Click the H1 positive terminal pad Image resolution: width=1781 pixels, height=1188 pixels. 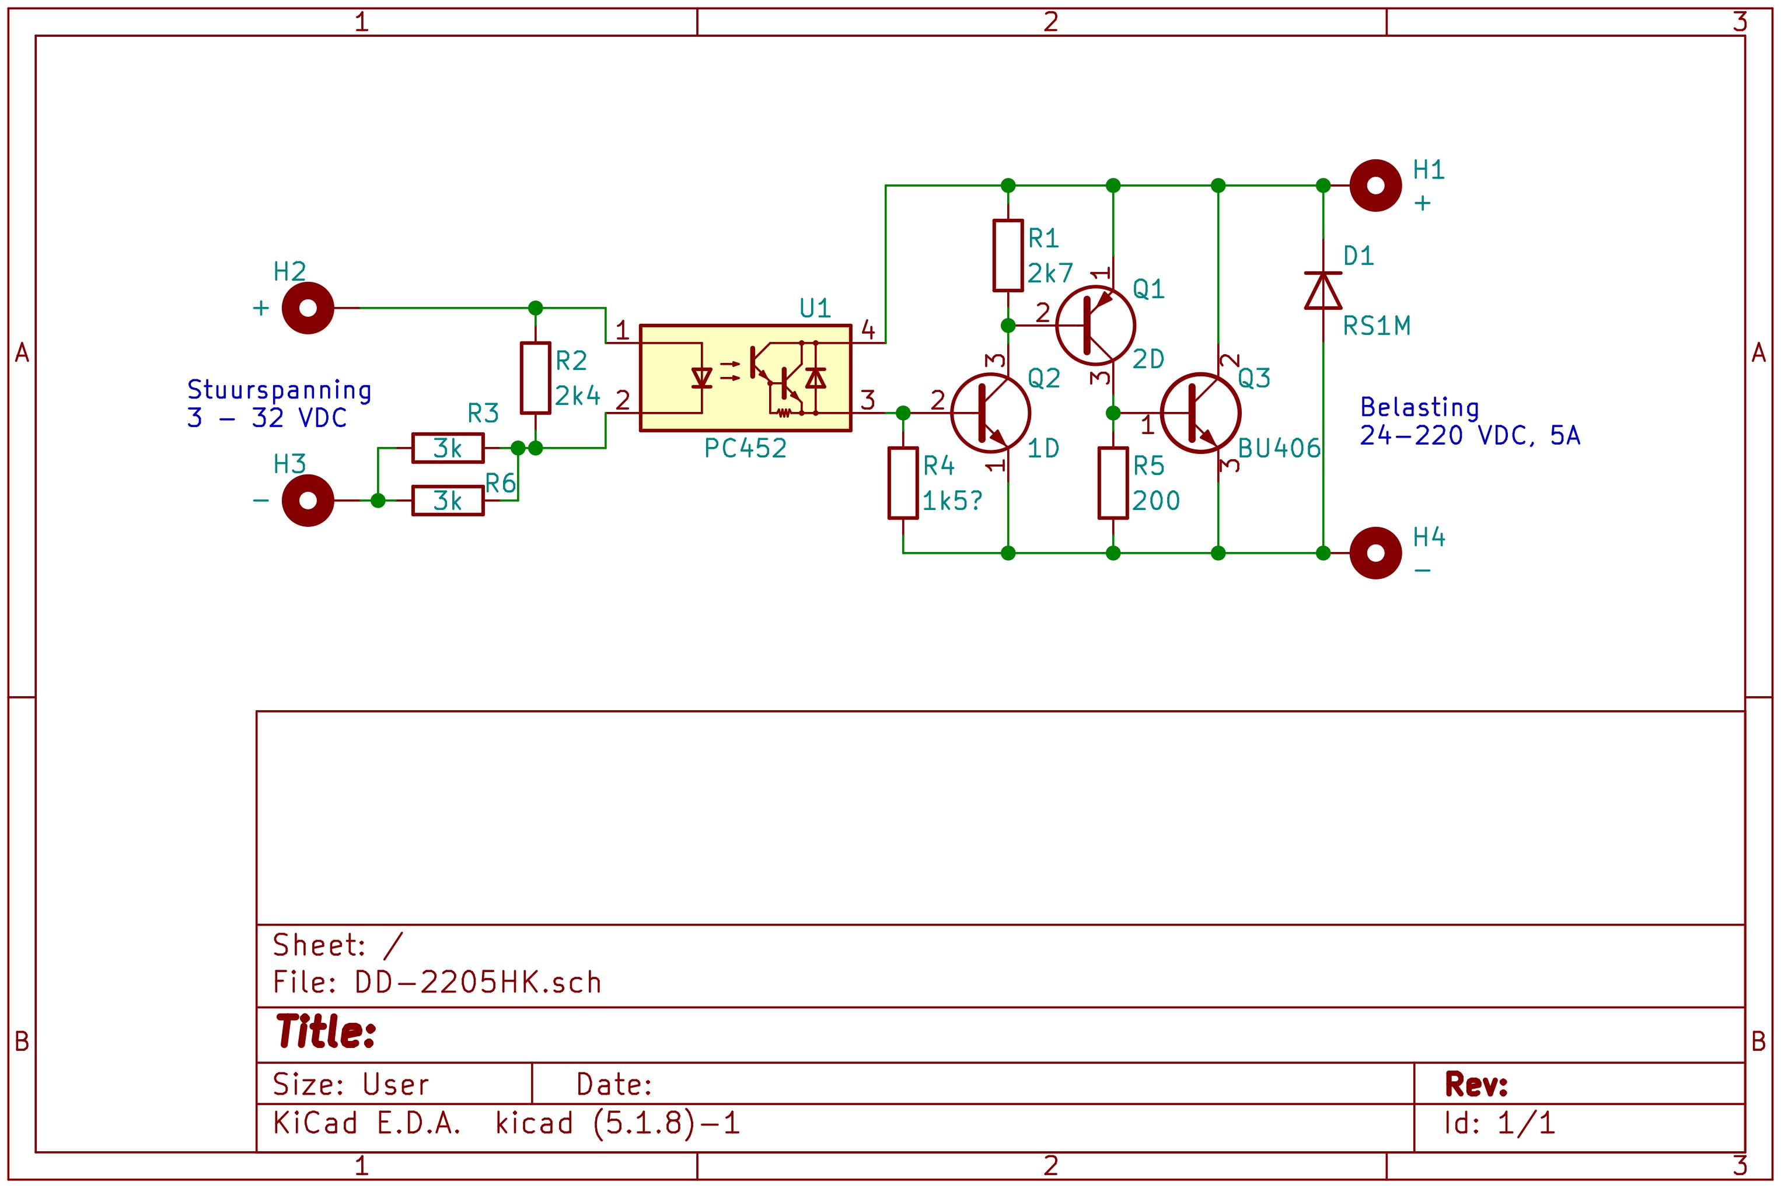tap(1375, 186)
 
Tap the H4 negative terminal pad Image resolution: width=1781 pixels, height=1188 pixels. tap(1375, 553)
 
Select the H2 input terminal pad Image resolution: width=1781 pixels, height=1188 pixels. tap(308, 308)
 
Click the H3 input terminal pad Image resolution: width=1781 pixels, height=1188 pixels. tap(308, 501)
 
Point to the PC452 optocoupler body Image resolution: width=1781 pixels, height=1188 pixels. tap(745, 378)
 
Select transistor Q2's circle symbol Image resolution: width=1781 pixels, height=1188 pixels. tap(990, 414)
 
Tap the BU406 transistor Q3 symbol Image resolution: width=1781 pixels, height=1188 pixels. tap(1201, 414)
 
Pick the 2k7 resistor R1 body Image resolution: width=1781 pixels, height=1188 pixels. tap(1008, 256)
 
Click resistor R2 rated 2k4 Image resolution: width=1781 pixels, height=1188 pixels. tap(535, 378)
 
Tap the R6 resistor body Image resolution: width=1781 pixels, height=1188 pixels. tap(448, 501)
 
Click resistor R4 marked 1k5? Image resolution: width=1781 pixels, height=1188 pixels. tap(903, 483)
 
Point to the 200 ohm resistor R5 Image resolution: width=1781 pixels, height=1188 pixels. tap(1113, 483)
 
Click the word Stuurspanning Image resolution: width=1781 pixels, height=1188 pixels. tap(279, 390)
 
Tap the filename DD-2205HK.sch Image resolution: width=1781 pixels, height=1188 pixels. tap(478, 983)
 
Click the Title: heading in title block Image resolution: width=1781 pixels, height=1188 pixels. tap(326, 1032)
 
